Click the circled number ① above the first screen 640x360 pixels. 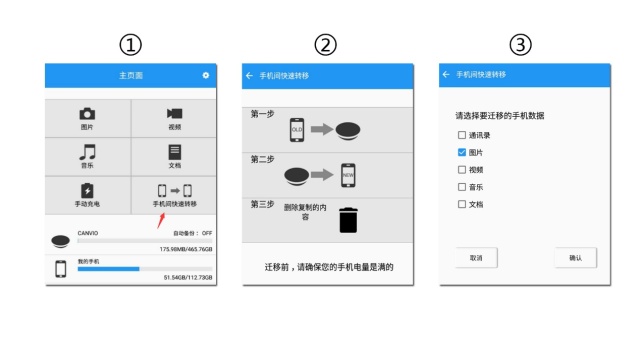[130, 45]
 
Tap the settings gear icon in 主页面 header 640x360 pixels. [206, 75]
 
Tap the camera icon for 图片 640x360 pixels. [87, 114]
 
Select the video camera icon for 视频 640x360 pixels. [174, 114]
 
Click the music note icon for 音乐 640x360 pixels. [87, 152]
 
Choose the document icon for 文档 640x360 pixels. [174, 152]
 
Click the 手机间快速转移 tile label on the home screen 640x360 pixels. [174, 204]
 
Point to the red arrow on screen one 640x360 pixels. [161, 217]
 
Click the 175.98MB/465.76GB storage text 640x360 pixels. [187, 249]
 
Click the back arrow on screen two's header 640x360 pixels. [249, 75]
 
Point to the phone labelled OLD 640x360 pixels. [296, 129]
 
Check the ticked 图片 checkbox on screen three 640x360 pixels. [461, 152]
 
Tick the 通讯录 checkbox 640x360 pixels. [461, 135]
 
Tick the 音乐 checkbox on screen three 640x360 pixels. [461, 187]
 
